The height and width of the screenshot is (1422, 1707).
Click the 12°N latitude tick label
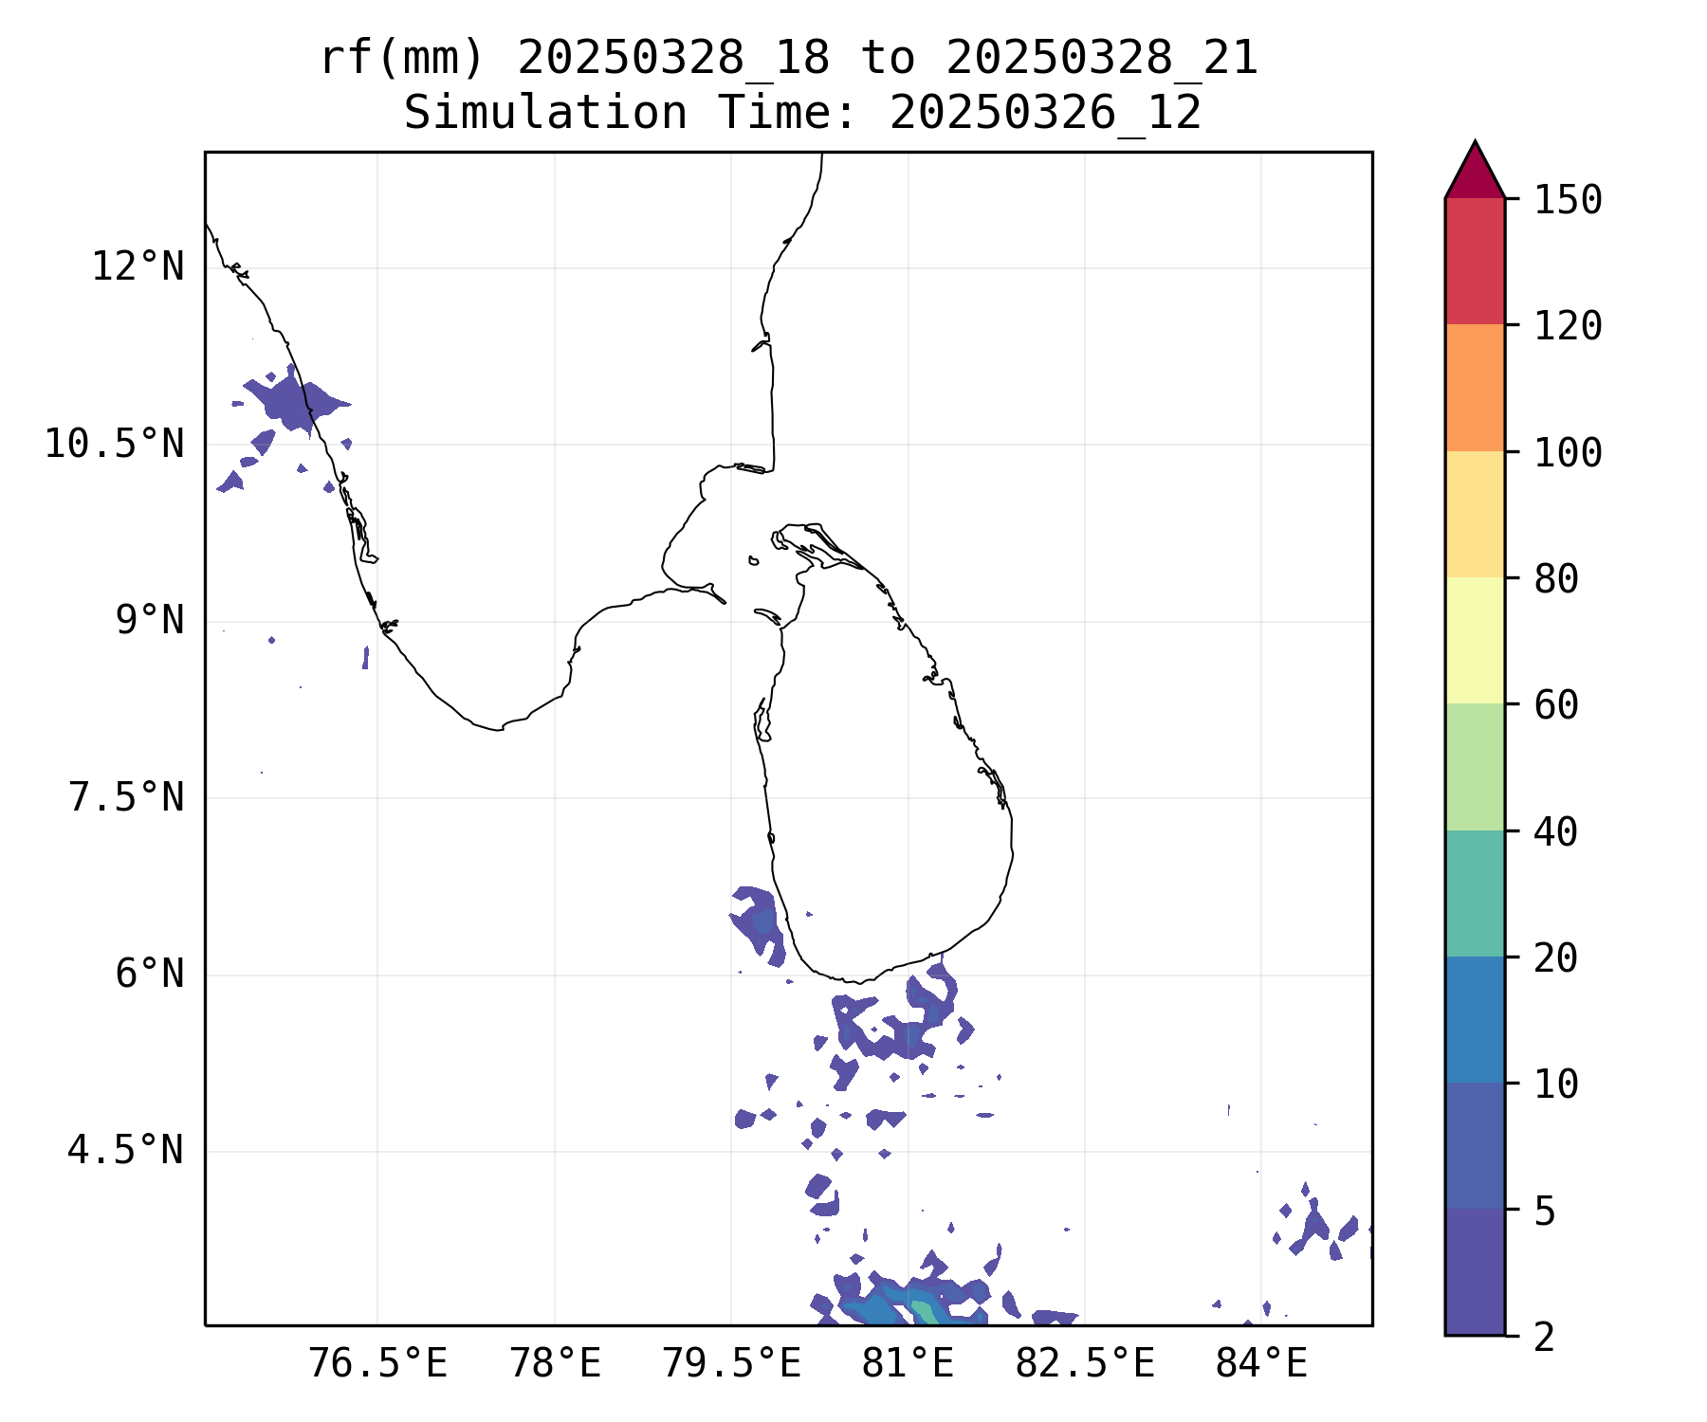(138, 267)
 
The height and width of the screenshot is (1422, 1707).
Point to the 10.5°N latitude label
(114, 444)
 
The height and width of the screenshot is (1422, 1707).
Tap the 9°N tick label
(150, 621)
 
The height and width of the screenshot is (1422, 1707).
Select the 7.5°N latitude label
(126, 798)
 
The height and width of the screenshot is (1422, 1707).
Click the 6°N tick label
(150, 975)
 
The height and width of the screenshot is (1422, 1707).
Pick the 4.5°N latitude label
(126, 1151)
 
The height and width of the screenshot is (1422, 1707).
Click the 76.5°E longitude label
(377, 1364)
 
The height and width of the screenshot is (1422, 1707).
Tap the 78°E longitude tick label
(555, 1364)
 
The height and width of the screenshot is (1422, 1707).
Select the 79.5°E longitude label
(731, 1364)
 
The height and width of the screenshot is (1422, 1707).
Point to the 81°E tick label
(908, 1364)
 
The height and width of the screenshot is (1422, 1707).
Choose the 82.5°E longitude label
(1085, 1364)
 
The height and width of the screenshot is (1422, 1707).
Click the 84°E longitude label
(1261, 1364)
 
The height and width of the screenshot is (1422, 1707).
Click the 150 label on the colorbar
(1568, 200)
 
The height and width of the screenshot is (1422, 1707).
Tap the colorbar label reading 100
(1568, 452)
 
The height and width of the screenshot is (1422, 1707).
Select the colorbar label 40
(1555, 831)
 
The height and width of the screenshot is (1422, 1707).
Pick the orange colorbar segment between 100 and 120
(1475, 388)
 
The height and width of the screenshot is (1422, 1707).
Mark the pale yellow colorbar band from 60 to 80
(1475, 640)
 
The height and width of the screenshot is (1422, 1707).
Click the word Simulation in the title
(545, 114)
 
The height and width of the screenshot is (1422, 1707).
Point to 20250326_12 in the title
(1045, 114)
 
